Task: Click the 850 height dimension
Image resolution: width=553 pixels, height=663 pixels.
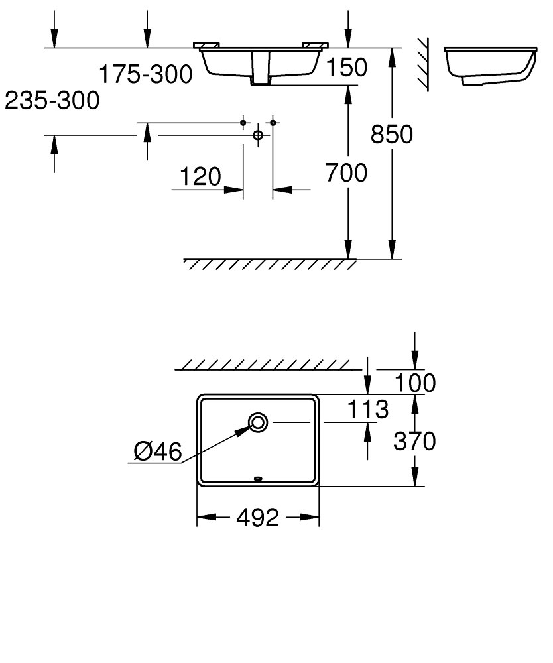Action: click(x=391, y=134)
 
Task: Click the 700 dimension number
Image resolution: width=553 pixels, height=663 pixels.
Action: click(x=346, y=174)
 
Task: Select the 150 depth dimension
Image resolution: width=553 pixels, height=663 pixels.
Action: click(x=345, y=67)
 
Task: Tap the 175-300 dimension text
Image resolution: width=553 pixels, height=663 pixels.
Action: click(x=146, y=74)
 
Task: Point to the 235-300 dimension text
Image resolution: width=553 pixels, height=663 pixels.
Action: click(x=52, y=101)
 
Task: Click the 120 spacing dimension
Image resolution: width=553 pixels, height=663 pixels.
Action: click(x=200, y=177)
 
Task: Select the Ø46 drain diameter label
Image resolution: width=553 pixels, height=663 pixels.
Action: click(x=157, y=452)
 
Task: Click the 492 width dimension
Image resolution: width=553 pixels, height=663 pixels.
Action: click(x=258, y=518)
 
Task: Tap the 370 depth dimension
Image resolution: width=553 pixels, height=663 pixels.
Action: click(x=414, y=441)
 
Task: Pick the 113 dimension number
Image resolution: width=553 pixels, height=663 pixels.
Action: click(x=367, y=410)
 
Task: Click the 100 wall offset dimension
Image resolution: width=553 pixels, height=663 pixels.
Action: click(x=414, y=383)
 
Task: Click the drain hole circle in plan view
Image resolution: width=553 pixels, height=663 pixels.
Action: click(x=258, y=421)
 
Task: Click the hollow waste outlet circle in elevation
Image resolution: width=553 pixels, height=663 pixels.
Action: click(x=259, y=135)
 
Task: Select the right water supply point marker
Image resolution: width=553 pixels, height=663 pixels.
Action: click(x=273, y=123)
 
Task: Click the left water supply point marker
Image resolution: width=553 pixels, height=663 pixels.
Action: click(x=243, y=123)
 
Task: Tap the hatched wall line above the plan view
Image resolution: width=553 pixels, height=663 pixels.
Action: click(x=269, y=365)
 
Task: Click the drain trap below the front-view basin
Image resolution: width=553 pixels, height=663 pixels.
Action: click(x=261, y=70)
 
